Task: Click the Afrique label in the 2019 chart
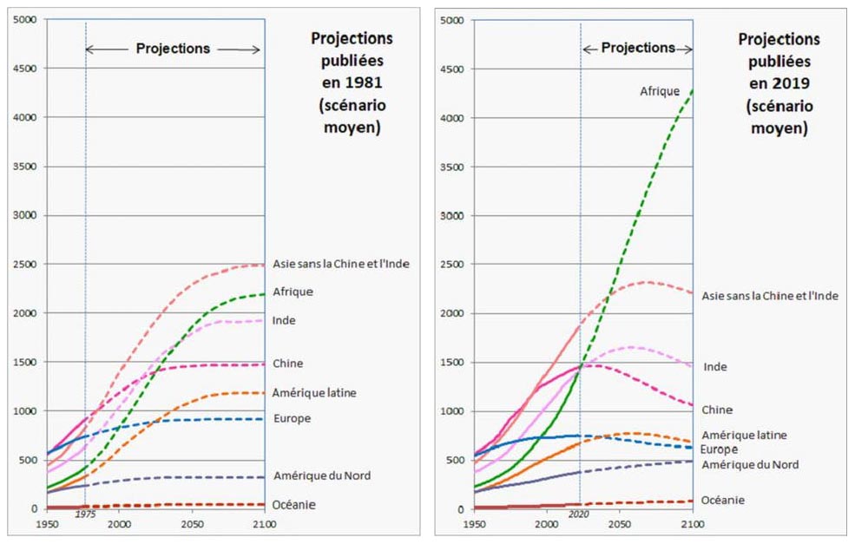[x=660, y=91]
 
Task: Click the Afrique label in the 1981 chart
[x=293, y=292]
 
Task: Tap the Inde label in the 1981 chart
[x=284, y=321]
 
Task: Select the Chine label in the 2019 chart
[x=717, y=410]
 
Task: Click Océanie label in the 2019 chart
[x=722, y=500]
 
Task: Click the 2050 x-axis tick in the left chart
[x=193, y=525]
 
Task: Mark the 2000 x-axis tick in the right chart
[x=547, y=525]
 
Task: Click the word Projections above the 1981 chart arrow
[x=173, y=49]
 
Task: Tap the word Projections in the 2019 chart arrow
[x=638, y=48]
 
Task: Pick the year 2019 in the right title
[x=793, y=85]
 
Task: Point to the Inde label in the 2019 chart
[x=715, y=367]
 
